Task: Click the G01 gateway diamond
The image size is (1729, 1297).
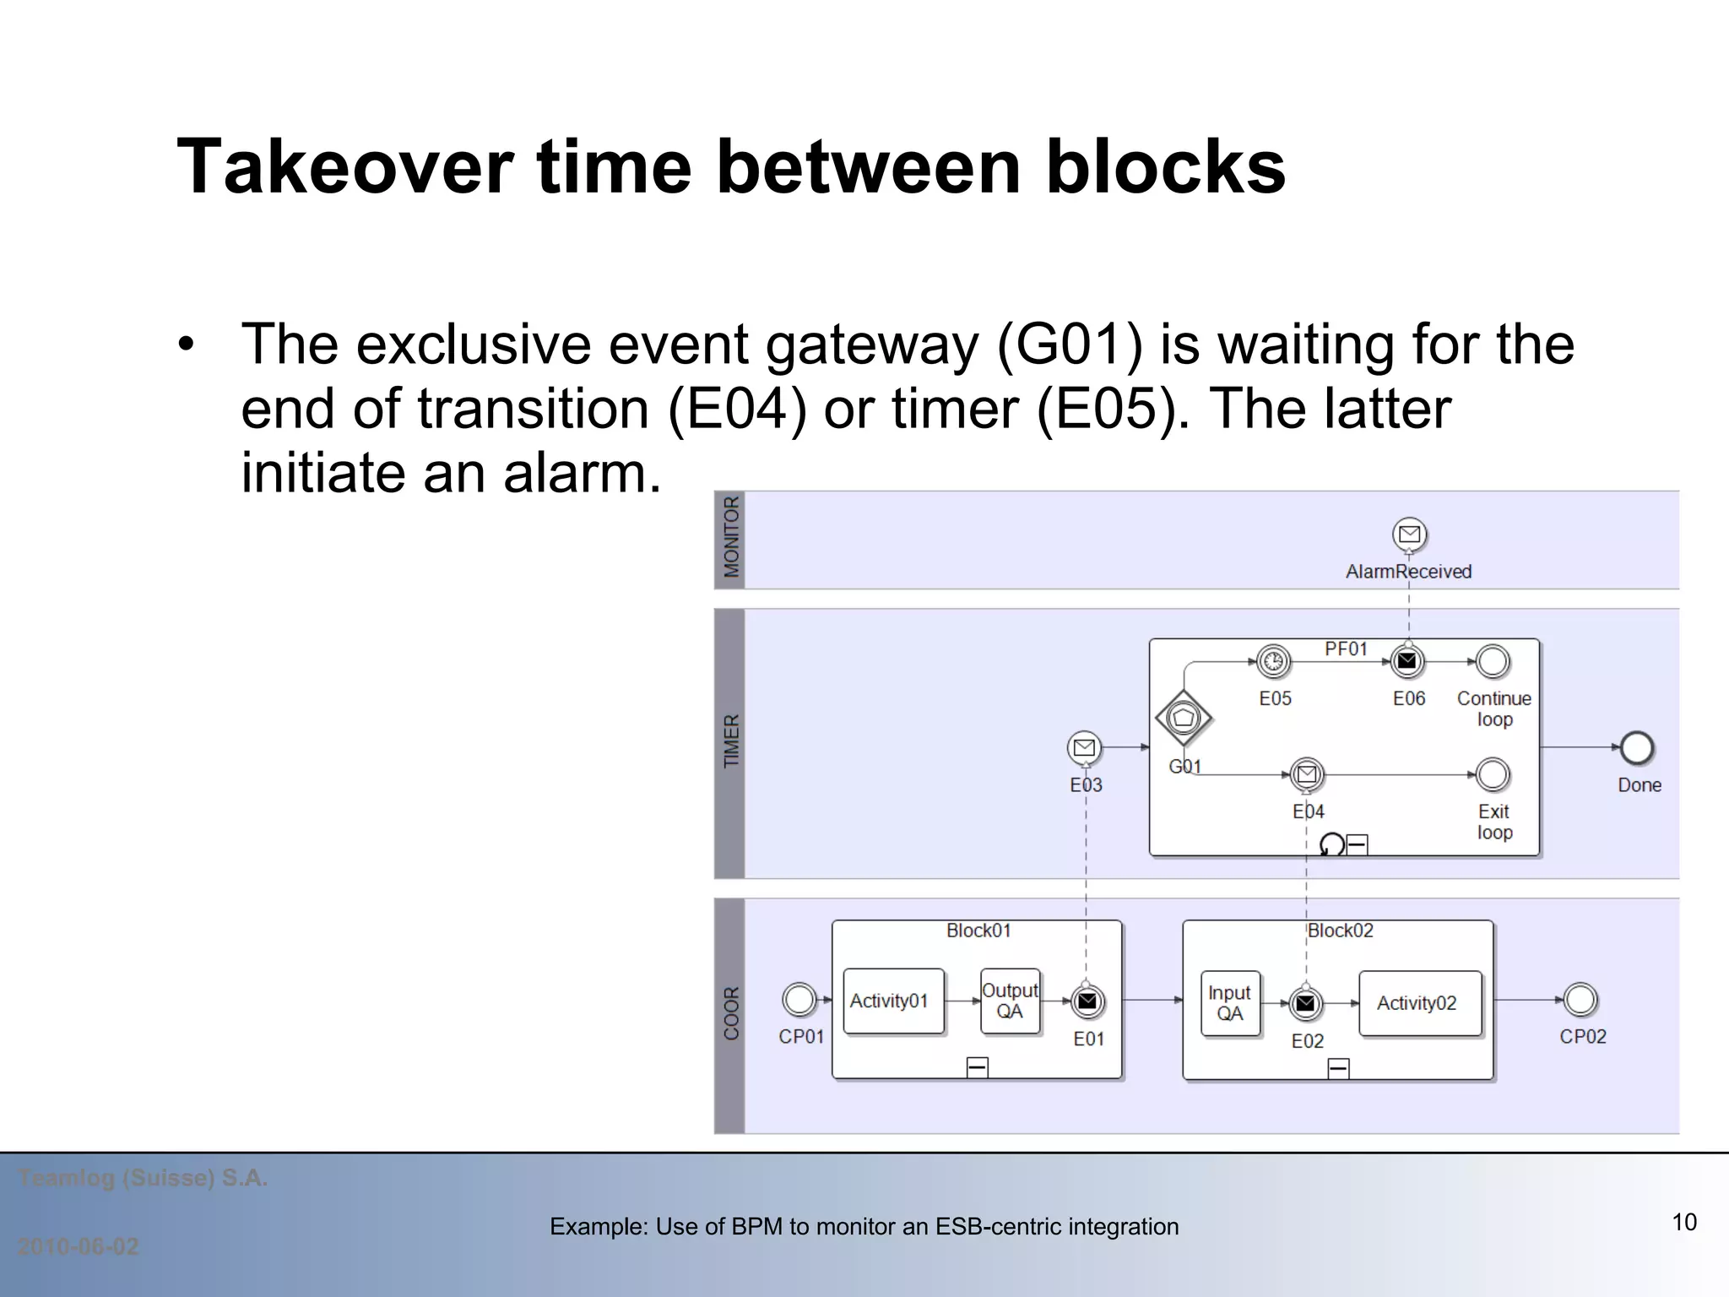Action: click(1184, 718)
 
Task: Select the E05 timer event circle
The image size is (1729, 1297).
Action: click(1274, 661)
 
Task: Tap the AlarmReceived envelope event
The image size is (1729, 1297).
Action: click(1409, 534)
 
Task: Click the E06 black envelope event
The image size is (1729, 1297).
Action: click(1407, 661)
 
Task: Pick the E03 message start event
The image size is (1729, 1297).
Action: click(1084, 747)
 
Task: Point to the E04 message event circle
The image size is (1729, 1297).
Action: click(1307, 773)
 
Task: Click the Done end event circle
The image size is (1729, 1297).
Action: click(1637, 747)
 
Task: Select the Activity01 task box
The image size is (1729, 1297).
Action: click(893, 1001)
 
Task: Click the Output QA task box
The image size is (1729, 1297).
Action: click(1010, 1001)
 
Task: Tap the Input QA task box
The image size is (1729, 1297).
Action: click(1230, 1003)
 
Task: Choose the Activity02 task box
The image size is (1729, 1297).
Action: click(1420, 1003)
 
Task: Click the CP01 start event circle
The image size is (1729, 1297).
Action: click(799, 1000)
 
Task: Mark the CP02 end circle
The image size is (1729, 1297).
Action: click(1580, 1000)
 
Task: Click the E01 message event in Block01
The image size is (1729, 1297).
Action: click(1087, 1001)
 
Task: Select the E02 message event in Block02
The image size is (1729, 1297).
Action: click(1305, 1003)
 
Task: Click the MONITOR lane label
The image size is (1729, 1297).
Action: click(730, 538)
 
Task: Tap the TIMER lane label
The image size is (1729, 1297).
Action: click(730, 741)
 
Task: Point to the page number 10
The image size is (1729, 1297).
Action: click(1683, 1222)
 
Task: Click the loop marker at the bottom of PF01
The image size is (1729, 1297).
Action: click(1331, 844)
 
